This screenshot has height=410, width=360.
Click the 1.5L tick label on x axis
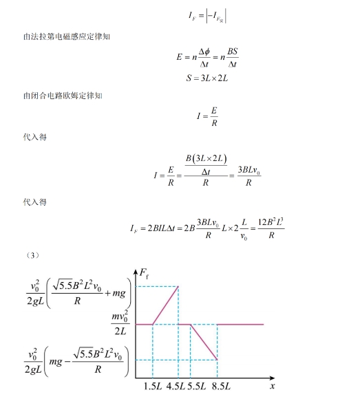click(x=153, y=386)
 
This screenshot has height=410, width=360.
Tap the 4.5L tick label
click(x=178, y=386)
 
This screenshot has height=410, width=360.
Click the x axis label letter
click(x=272, y=386)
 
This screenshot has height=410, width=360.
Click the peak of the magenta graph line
click(x=178, y=287)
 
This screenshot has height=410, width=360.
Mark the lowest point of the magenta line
click(x=218, y=359)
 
